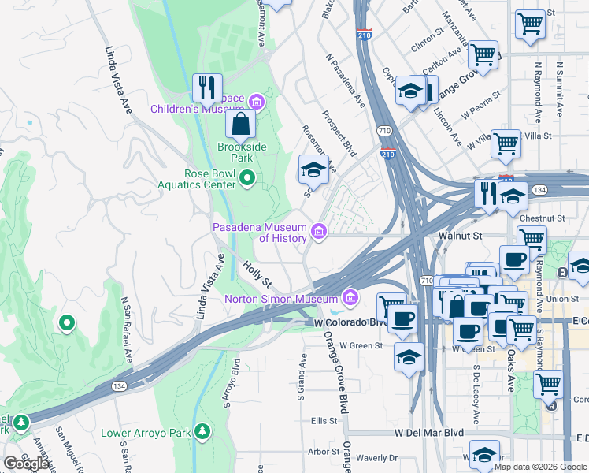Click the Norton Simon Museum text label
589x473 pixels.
[x=280, y=299]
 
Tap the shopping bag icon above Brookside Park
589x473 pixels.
[x=240, y=124]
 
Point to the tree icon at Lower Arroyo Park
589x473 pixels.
[x=204, y=432]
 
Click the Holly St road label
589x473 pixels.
[x=257, y=274]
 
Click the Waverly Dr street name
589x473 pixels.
[x=377, y=458]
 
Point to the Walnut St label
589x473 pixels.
[x=460, y=235]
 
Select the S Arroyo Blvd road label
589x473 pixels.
[x=235, y=379]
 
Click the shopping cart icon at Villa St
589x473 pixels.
[x=506, y=143]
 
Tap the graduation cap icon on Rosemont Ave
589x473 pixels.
[x=313, y=169]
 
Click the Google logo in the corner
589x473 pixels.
[x=27, y=463]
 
